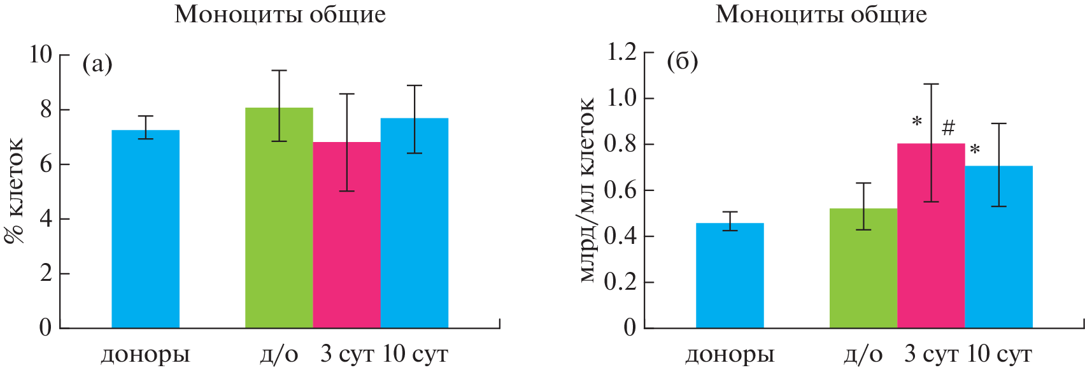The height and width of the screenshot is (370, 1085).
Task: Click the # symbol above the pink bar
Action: pyautogui.click(x=948, y=128)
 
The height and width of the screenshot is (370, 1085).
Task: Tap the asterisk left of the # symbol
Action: pyautogui.click(x=917, y=121)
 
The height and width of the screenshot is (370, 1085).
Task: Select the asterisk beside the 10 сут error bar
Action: pyautogui.click(x=974, y=150)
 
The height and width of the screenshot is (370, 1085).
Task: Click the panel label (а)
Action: pyautogui.click(x=97, y=64)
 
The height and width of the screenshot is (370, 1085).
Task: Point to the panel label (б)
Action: pyautogui.click(x=682, y=62)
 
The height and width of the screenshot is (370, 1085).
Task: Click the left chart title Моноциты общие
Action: pyautogui.click(x=280, y=14)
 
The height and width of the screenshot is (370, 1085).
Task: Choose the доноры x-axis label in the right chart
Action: pyautogui.click(x=730, y=354)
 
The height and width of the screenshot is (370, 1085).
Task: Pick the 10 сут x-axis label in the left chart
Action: pyautogui.click(x=415, y=354)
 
